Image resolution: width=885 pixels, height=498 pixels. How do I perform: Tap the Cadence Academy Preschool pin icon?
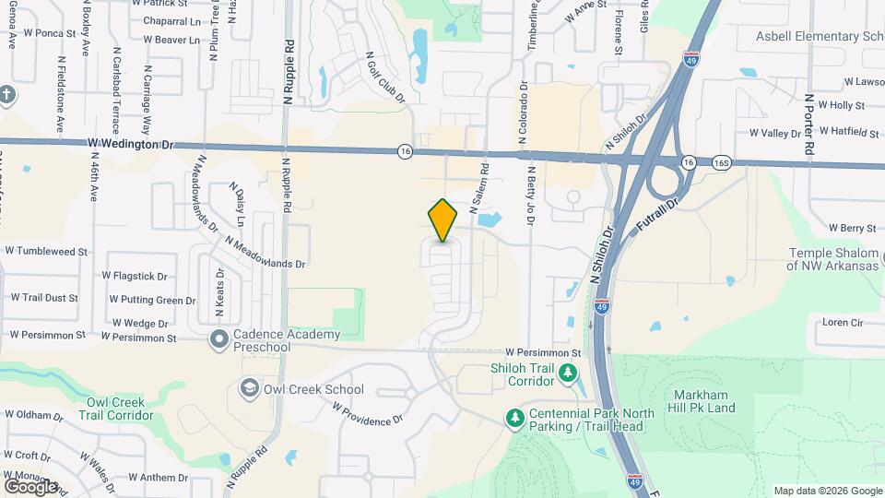tap(219, 340)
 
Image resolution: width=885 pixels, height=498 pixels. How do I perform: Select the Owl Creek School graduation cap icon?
tap(249, 387)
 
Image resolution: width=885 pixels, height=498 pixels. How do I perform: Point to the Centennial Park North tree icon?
tap(514, 418)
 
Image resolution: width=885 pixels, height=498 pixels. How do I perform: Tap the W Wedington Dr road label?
tap(131, 144)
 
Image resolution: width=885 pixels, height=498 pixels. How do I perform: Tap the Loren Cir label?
tap(843, 323)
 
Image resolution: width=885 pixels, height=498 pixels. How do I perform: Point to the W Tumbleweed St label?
tap(46, 251)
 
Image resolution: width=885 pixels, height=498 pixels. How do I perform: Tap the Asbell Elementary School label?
tap(820, 37)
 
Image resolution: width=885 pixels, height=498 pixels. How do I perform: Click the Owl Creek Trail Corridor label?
tap(120, 409)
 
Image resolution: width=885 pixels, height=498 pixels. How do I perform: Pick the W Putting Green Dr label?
tap(152, 300)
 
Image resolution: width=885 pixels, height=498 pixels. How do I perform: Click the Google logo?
tap(30, 485)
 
